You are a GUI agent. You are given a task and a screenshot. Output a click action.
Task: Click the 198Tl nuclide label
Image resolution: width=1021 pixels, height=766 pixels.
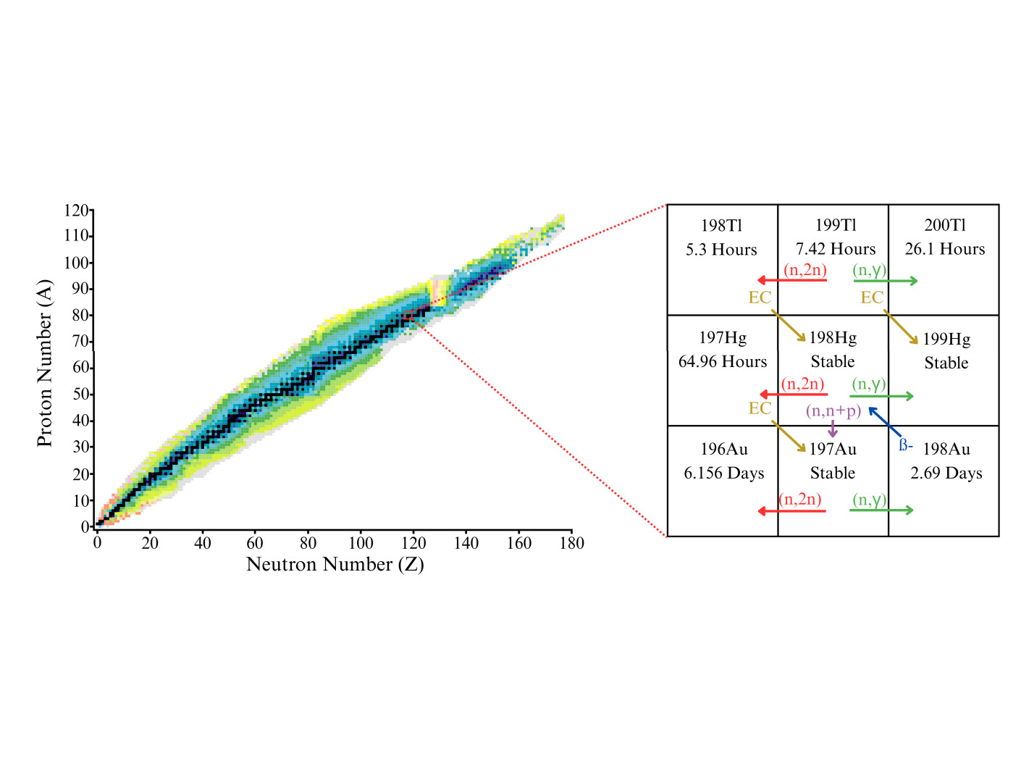[721, 226]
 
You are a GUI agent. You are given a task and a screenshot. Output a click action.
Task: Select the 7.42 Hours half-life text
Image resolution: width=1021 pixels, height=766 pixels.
[835, 249]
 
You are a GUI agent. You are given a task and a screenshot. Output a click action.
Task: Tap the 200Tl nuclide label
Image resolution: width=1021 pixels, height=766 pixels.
[944, 225]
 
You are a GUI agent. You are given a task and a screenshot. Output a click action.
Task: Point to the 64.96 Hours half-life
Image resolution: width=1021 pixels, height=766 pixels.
[722, 361]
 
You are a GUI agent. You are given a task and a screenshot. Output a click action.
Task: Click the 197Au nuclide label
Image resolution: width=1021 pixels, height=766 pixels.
[833, 449]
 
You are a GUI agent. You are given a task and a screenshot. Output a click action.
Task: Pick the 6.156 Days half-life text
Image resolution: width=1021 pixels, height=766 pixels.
[723, 473]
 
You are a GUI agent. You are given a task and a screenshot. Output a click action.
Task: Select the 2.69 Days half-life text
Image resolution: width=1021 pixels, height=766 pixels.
[946, 473]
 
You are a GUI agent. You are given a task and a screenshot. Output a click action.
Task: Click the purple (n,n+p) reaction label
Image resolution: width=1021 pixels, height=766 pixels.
[833, 411]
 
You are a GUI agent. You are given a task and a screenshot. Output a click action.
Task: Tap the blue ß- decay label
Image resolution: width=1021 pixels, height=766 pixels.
[905, 445]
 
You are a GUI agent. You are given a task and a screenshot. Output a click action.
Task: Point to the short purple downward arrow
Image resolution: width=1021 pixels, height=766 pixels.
[833, 429]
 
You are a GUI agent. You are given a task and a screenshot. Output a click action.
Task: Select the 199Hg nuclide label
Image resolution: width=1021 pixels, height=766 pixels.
[946, 339]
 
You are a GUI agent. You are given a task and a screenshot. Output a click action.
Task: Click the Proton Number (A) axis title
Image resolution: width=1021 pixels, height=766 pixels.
[45, 363]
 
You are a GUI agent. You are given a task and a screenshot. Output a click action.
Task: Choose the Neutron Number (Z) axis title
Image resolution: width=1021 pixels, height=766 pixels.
[335, 564]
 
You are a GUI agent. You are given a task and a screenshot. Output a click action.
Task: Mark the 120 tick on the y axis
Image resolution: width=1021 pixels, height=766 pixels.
[76, 211]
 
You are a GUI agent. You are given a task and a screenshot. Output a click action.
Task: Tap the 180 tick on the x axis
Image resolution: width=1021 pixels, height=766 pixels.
[571, 543]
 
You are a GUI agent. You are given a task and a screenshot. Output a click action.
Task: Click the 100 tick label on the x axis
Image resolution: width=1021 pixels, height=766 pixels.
[361, 543]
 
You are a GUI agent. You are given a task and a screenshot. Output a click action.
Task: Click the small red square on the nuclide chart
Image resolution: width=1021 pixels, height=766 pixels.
[408, 316]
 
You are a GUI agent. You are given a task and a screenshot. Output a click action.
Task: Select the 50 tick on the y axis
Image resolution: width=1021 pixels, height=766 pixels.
[80, 395]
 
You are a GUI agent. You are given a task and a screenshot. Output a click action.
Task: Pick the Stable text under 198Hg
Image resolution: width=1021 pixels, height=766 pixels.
[832, 361]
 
